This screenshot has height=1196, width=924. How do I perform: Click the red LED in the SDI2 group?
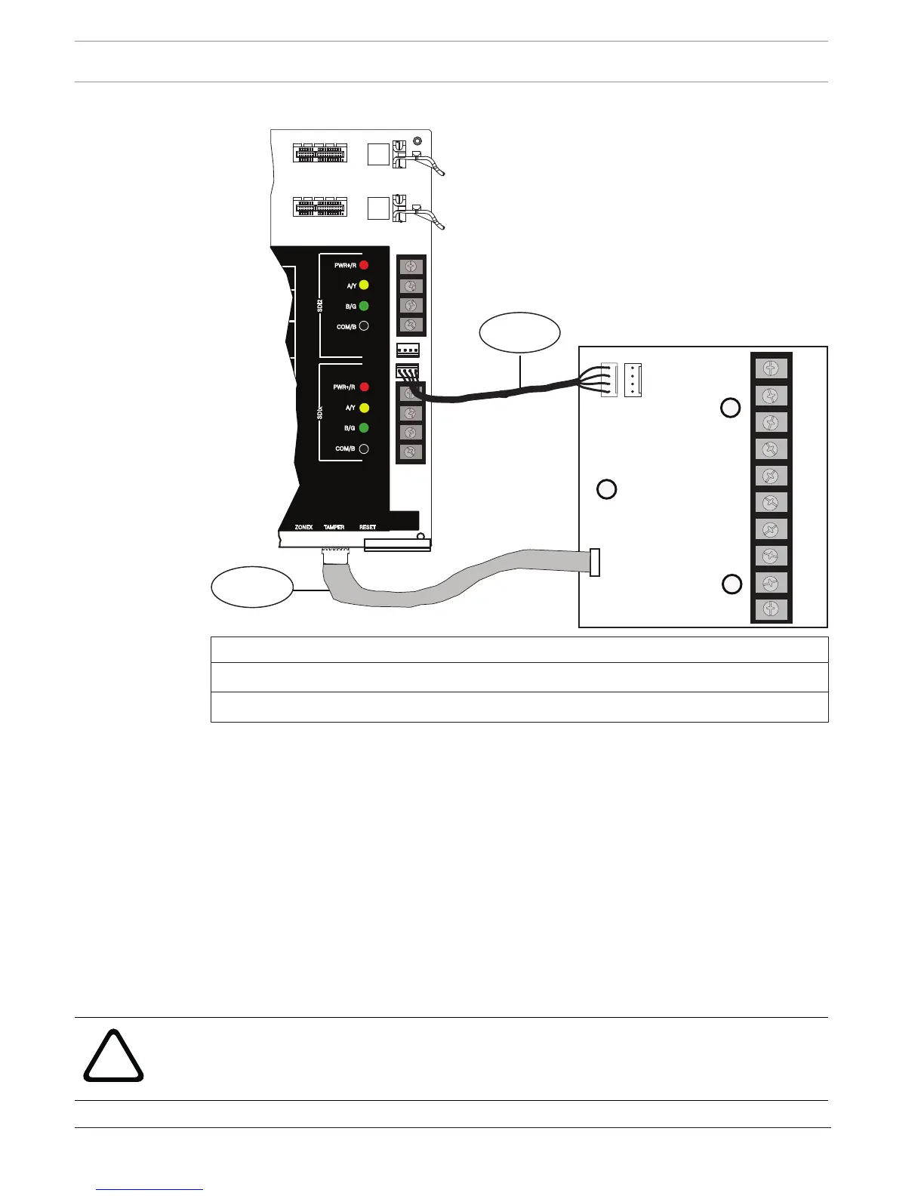click(x=364, y=265)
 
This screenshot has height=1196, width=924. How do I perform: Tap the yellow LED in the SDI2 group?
click(x=364, y=285)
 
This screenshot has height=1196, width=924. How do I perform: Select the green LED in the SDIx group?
click(x=364, y=427)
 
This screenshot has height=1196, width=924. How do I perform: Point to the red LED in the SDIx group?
click(x=364, y=387)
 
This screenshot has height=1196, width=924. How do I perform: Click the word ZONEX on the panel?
click(x=303, y=527)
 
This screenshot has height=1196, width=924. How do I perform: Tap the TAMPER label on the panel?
click(x=334, y=527)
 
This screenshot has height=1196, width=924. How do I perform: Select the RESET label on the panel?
click(x=368, y=527)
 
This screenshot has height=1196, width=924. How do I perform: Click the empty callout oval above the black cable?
click(x=520, y=332)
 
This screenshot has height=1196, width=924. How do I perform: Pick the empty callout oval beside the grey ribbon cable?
click(x=251, y=587)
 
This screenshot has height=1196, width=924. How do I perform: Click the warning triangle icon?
click(x=113, y=1056)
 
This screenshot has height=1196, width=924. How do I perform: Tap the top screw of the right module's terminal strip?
click(x=771, y=369)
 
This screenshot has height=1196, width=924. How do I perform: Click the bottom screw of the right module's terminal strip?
click(x=771, y=610)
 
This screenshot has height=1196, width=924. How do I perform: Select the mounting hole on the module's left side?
click(x=607, y=489)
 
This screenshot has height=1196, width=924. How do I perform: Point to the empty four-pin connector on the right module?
click(x=633, y=380)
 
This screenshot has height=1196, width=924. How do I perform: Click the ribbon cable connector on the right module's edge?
click(x=595, y=563)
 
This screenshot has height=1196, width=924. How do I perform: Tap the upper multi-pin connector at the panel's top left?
click(x=320, y=153)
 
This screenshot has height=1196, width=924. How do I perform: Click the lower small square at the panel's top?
click(x=378, y=208)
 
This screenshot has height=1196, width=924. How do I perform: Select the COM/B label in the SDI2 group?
click(x=346, y=327)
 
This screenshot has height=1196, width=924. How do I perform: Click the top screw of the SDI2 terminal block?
click(x=411, y=267)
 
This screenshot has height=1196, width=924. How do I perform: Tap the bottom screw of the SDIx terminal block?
click(x=411, y=452)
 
